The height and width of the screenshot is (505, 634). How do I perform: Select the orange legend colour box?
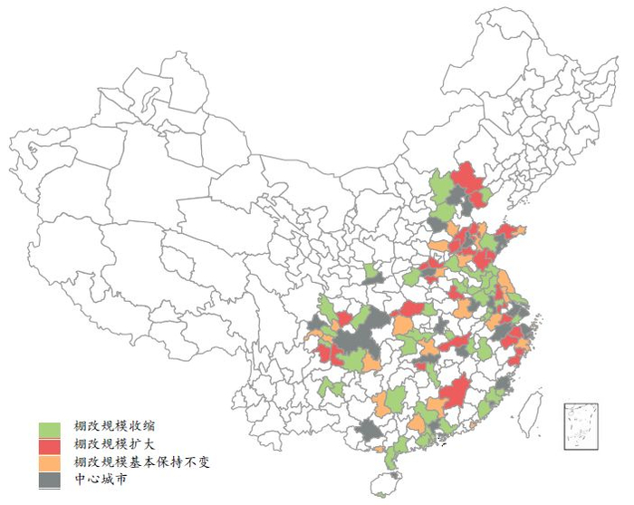[50, 462]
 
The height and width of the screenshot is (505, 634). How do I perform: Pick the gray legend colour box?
[50, 480]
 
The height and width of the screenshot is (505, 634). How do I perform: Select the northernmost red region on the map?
[468, 177]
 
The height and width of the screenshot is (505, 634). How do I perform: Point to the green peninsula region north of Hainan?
[392, 458]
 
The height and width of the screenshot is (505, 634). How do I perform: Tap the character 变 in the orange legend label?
[206, 462]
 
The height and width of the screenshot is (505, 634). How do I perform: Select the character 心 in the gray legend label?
[93, 479]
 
